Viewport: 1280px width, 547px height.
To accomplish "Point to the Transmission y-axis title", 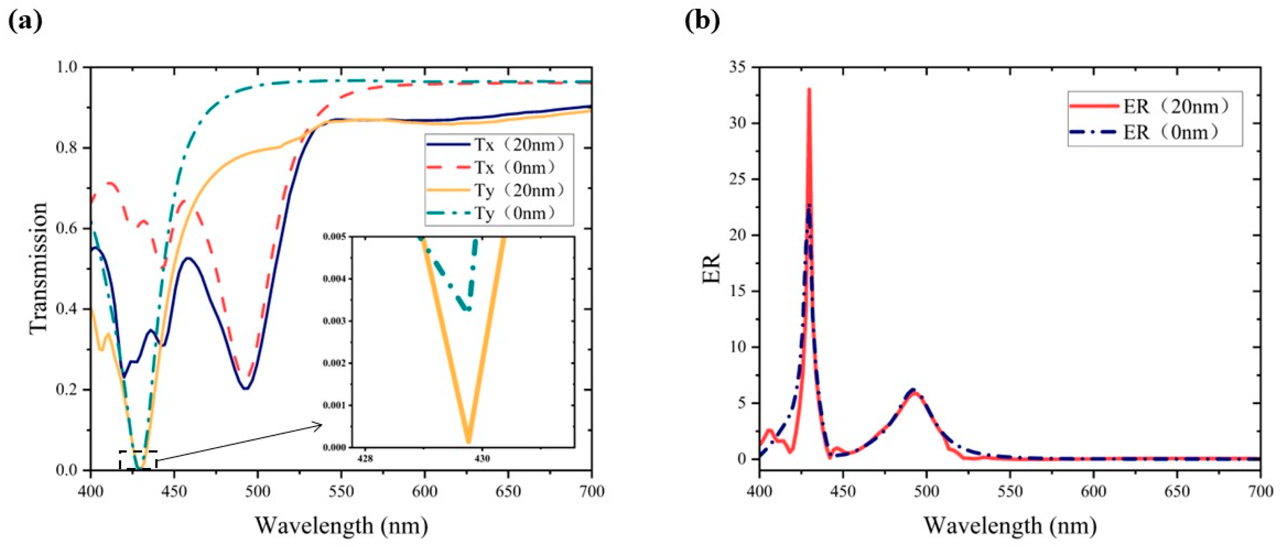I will coord(38,268).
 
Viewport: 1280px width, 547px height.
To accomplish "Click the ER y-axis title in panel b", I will coord(711,268).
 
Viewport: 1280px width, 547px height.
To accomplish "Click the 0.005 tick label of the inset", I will coord(334,237).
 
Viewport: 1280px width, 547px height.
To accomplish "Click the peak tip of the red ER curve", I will coord(809,89).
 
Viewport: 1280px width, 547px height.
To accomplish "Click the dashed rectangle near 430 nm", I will coord(138,460).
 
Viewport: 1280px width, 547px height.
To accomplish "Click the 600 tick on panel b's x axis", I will coord(1093,491).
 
